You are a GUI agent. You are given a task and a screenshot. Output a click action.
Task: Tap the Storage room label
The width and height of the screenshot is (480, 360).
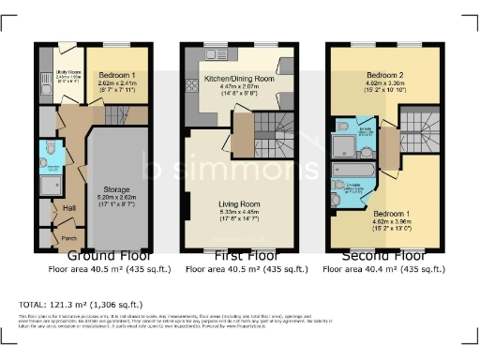117,189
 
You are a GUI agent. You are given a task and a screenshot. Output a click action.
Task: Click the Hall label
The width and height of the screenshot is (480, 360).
69,208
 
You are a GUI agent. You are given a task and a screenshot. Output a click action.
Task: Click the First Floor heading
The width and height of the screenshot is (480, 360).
239,255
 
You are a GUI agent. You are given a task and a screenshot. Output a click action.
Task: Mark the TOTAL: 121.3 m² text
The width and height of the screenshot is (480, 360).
80,305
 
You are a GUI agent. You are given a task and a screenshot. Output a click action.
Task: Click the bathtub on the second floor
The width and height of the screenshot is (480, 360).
356,172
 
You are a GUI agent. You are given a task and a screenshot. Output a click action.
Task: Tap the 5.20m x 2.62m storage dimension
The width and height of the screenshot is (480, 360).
117,198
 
